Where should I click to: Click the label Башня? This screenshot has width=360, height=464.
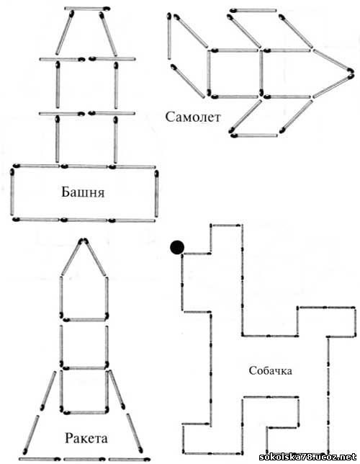pyautogui.click(x=83, y=192)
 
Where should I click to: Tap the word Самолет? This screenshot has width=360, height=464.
pyautogui.click(x=193, y=117)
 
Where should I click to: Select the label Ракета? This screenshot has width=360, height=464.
pyautogui.click(x=86, y=438)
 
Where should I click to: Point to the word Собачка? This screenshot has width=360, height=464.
pyautogui.click(x=271, y=370)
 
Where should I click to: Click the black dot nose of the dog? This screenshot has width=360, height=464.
pyautogui.click(x=177, y=247)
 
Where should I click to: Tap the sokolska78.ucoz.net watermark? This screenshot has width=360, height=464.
pyautogui.click(x=307, y=457)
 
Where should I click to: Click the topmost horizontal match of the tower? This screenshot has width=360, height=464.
pyautogui.click(x=87, y=9)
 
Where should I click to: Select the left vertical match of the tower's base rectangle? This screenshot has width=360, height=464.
pyautogui.click(x=12, y=192)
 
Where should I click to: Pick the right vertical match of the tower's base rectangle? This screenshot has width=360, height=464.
pyautogui.click(x=156, y=193)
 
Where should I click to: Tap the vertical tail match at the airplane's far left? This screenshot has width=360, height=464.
pyautogui.click(x=169, y=36)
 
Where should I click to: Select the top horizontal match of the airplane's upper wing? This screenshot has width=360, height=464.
pyautogui.click(x=253, y=11)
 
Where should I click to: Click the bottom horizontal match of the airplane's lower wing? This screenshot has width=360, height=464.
pyautogui.click(x=254, y=136)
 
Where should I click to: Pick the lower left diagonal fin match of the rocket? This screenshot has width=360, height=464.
pyautogui.click(x=31, y=434)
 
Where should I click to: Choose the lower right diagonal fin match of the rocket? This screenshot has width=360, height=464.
pyautogui.click(x=135, y=434)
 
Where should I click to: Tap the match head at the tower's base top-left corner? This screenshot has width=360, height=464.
pyautogui.click(x=16, y=166)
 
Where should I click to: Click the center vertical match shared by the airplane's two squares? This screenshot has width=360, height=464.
pyautogui.click(x=261, y=73)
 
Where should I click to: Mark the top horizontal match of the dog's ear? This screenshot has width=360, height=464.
pyautogui.click(x=225, y=226)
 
